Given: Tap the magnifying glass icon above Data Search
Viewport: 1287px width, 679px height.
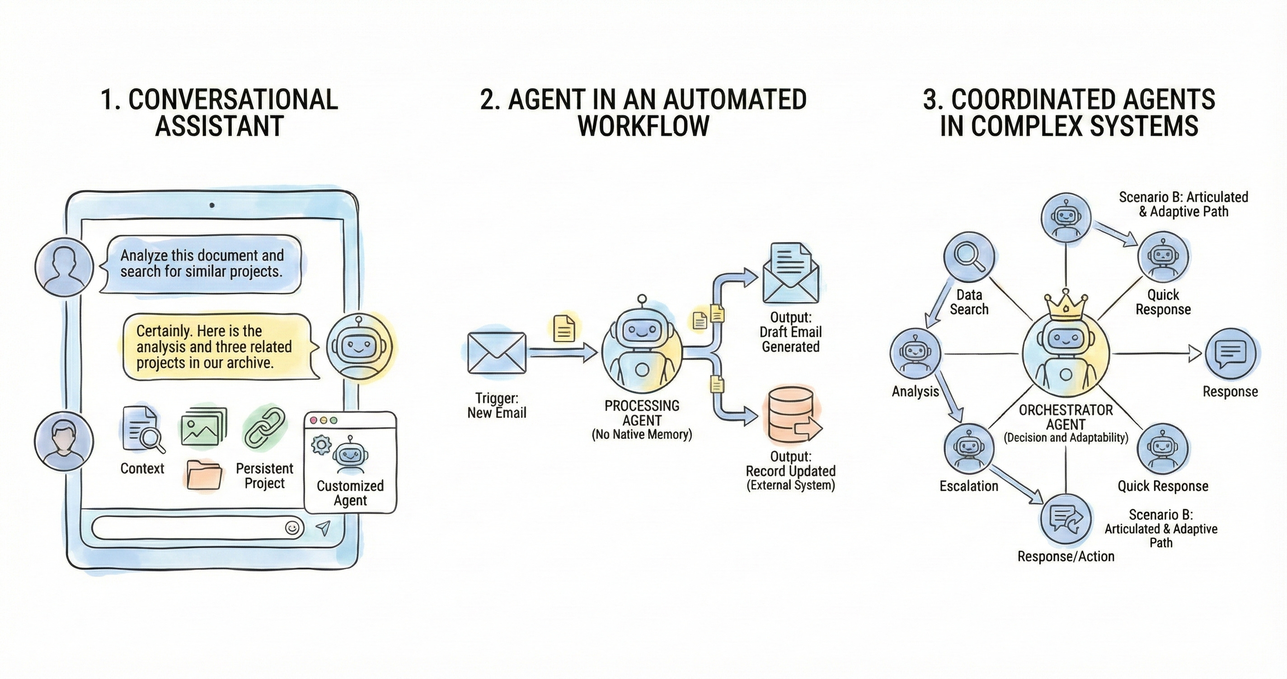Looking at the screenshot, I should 969,256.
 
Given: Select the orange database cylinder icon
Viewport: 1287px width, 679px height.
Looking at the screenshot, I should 791,415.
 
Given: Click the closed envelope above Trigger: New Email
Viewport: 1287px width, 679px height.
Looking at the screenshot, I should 497,353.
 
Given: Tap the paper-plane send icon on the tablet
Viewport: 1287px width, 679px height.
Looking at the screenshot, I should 324,528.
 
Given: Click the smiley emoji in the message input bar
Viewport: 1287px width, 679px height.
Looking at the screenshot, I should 293,528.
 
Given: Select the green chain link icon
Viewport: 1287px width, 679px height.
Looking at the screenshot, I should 264,428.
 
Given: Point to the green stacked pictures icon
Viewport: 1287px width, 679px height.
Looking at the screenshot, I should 203,426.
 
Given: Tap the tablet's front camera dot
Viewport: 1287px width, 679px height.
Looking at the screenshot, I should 212,205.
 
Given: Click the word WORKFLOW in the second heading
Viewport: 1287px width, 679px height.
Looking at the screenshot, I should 643,126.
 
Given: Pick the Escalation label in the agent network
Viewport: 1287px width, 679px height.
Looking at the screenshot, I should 968,486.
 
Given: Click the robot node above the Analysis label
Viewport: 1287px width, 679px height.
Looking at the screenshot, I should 915,353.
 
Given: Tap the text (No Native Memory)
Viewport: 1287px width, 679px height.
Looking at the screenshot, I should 642,434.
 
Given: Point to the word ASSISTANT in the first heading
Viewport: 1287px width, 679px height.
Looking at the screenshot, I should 219,126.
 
